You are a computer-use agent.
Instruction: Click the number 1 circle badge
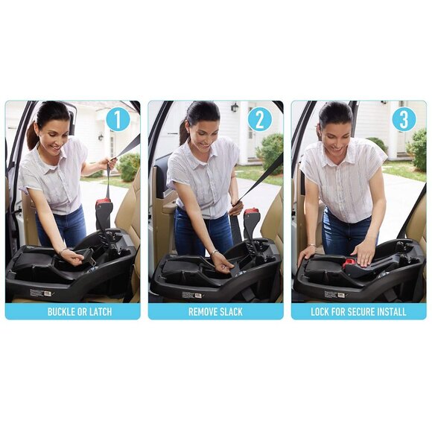(x=118, y=119)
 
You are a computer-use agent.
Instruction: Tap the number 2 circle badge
(x=260, y=119)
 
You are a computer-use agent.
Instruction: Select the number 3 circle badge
(x=403, y=119)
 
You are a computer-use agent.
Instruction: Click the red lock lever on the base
(x=349, y=262)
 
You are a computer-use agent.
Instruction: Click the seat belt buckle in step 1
(x=104, y=212)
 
